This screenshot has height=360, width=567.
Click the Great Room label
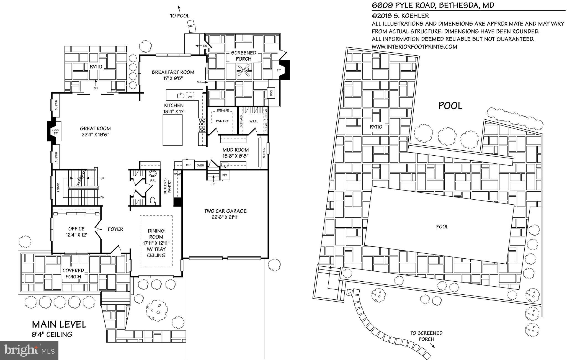click(95, 128)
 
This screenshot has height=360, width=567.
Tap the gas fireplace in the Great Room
click(56, 131)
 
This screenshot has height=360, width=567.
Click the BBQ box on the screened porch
click(271, 93)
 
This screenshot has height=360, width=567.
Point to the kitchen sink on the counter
click(181, 96)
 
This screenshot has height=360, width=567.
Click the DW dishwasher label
click(190, 97)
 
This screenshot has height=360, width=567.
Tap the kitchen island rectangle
click(172, 130)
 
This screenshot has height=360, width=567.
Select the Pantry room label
click(222, 121)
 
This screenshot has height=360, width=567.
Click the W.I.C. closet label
click(253, 121)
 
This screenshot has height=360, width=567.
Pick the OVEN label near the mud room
click(200, 165)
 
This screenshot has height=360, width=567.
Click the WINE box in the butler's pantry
click(177, 175)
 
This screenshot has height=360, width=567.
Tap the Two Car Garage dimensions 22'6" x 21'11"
click(225, 217)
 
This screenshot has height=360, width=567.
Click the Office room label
click(76, 229)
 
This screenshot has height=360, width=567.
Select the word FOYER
click(115, 229)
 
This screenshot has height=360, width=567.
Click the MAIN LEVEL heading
click(59, 324)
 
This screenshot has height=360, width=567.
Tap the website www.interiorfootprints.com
click(414, 47)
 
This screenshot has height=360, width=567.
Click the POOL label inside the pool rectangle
click(442, 227)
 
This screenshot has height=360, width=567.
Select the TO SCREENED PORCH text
click(426, 336)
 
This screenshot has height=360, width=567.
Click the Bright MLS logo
click(29, 350)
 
